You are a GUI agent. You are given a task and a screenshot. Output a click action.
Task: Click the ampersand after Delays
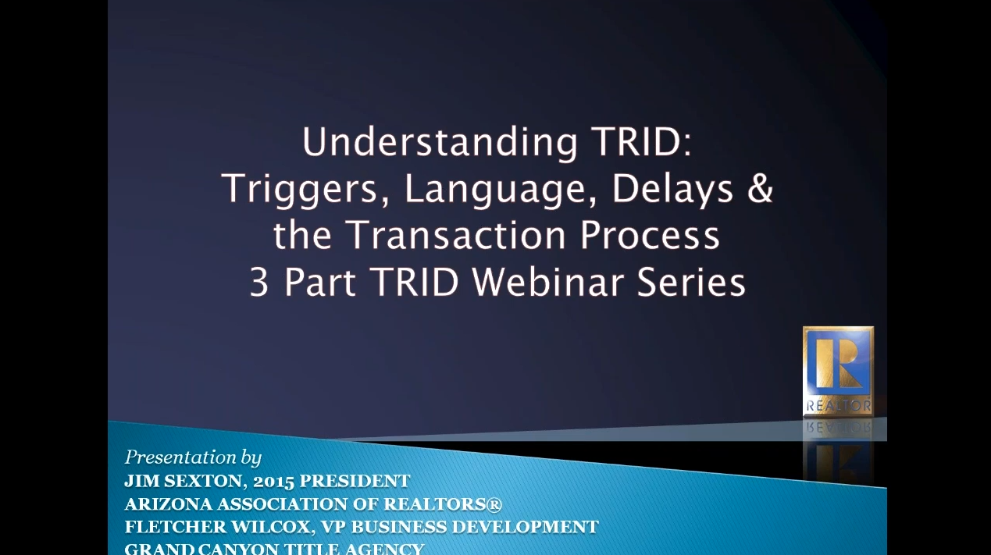pyautogui.click(x=759, y=188)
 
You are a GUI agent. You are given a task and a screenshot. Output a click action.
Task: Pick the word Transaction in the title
pyautogui.click(x=458, y=235)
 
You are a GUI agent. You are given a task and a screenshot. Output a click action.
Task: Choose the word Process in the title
pyautogui.click(x=650, y=235)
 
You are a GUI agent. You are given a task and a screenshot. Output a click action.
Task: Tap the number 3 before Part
pyautogui.click(x=259, y=283)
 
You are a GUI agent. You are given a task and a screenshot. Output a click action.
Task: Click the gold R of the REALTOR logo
pyautogui.click(x=838, y=364)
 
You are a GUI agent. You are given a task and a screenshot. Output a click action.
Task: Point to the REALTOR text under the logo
pyautogui.click(x=839, y=406)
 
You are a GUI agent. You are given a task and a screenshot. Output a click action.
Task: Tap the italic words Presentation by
pyautogui.click(x=193, y=458)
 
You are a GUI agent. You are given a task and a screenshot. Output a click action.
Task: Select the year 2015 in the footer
pyautogui.click(x=274, y=482)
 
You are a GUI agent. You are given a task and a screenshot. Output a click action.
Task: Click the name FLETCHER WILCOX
pyautogui.click(x=218, y=527)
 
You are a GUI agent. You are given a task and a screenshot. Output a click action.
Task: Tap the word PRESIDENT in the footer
pyautogui.click(x=355, y=481)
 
